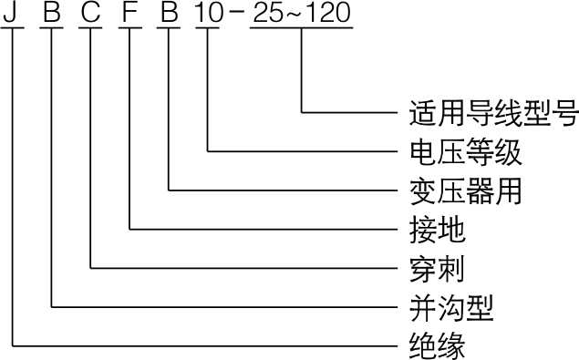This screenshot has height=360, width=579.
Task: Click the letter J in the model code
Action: [11, 11]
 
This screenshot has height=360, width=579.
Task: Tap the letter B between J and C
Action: [52, 11]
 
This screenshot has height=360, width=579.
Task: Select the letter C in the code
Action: [90, 11]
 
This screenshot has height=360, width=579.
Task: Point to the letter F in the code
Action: [130, 11]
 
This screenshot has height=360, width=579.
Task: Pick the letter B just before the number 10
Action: [169, 11]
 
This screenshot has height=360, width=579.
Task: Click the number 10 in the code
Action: [209, 12]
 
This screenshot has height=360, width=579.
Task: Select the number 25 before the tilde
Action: [267, 12]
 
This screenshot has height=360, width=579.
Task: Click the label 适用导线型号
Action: [493, 112]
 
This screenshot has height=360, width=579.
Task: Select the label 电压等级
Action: [465, 151]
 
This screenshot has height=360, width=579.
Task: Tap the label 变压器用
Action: [465, 190]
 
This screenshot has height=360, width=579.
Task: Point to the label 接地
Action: [437, 230]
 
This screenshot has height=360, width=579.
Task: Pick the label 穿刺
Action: [437, 269]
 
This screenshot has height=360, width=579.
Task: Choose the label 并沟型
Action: [451, 307]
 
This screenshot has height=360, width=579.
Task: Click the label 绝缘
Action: [437, 346]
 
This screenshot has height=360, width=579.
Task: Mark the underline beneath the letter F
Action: [130, 27]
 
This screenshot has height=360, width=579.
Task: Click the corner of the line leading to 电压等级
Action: [208, 151]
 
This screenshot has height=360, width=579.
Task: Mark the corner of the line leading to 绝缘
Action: [13, 346]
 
